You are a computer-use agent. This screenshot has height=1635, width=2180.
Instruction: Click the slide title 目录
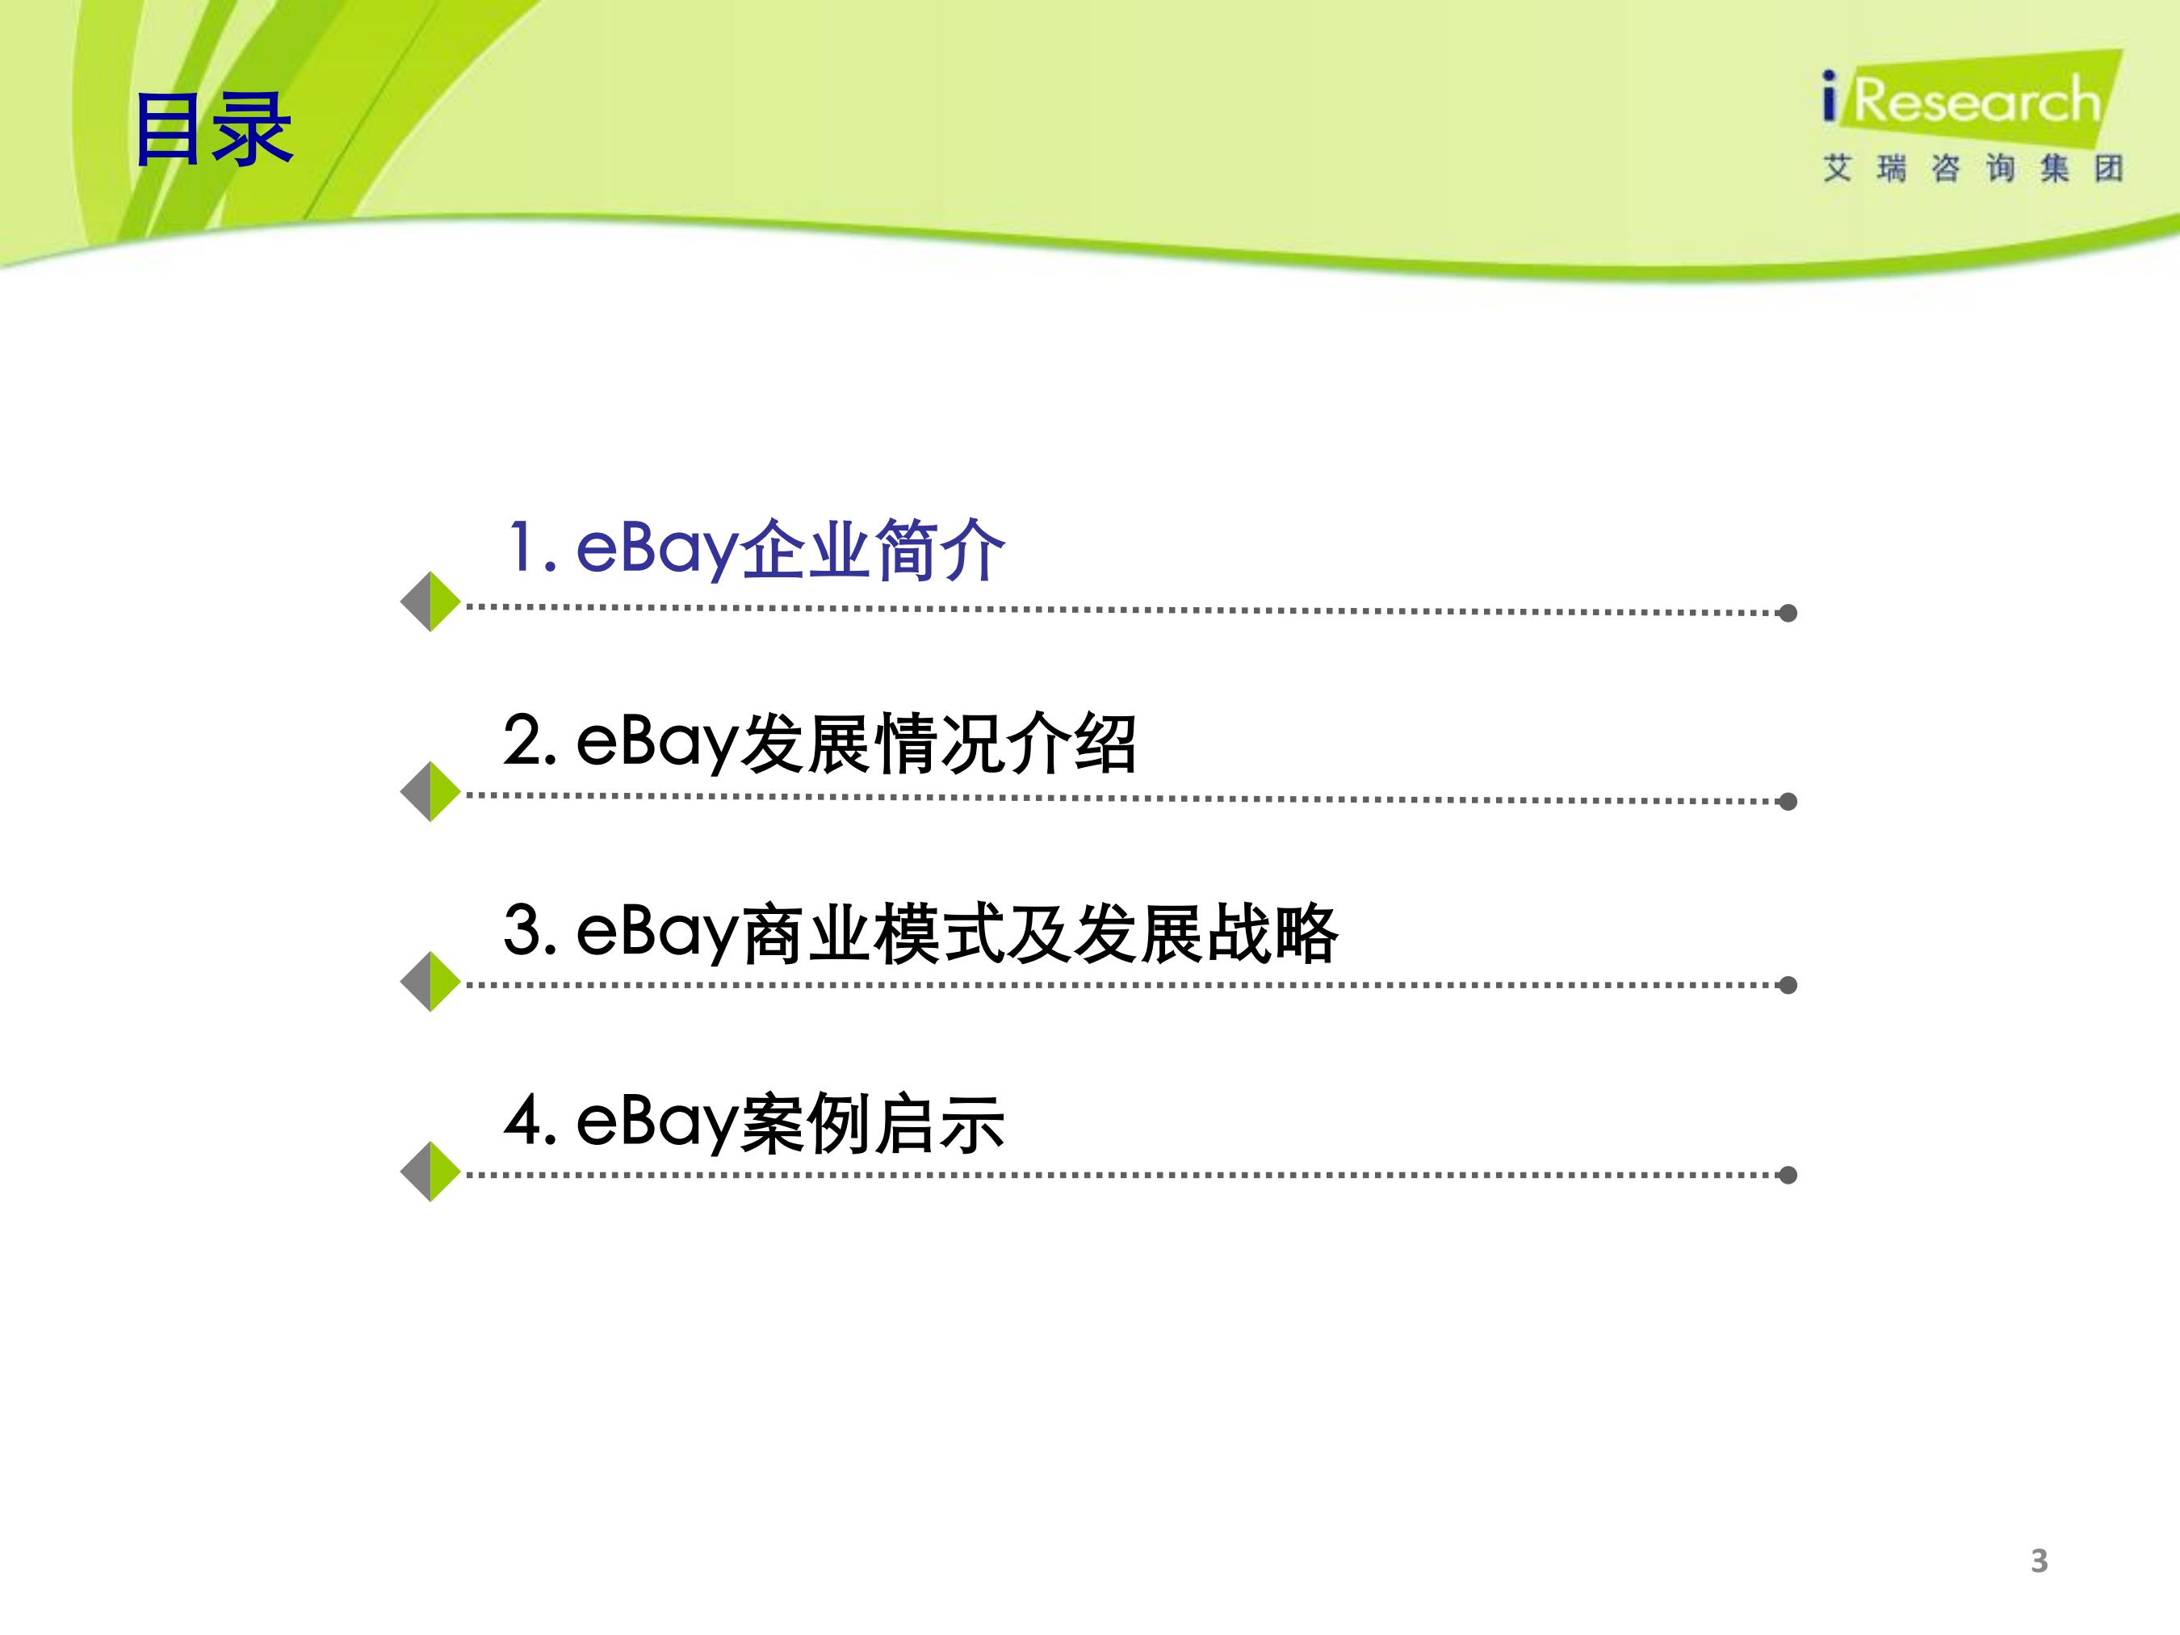point(213,128)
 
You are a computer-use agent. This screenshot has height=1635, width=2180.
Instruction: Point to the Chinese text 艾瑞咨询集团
point(1972,169)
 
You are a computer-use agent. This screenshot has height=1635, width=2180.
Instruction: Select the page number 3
point(2039,1560)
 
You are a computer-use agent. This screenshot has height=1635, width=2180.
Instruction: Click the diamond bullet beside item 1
point(430,602)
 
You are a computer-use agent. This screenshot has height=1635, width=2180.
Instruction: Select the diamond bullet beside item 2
point(430,791)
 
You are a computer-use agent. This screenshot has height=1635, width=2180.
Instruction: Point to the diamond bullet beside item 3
point(430,982)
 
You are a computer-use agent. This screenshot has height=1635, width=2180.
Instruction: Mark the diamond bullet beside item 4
point(430,1172)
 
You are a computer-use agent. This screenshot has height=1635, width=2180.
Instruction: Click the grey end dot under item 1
point(1788,613)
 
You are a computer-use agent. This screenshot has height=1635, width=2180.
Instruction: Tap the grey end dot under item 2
point(1788,801)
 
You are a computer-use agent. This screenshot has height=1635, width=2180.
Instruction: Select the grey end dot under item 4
point(1788,1175)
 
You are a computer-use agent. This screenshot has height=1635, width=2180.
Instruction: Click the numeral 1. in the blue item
point(532,548)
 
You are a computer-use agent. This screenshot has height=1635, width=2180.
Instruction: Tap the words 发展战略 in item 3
point(1206,933)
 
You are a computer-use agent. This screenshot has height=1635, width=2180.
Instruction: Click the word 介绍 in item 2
point(1072,742)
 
